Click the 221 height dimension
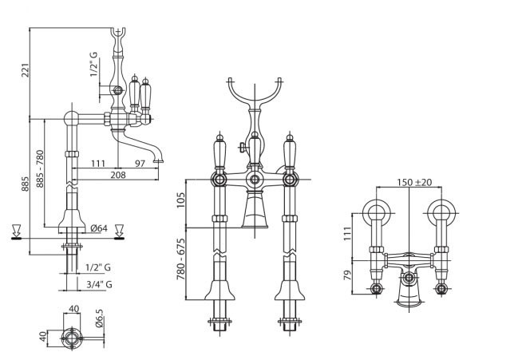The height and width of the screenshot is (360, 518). point(25,70)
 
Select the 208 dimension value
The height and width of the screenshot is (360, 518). point(118,175)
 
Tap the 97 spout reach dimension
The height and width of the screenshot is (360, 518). point(140,164)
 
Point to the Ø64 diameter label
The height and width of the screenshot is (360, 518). point(99,227)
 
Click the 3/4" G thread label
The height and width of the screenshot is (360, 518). point(99,284)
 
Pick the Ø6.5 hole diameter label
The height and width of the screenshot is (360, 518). point(100,318)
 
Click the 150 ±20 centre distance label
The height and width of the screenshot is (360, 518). point(414,182)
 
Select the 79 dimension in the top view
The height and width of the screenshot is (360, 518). point(347,275)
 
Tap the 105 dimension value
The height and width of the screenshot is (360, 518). point(180,200)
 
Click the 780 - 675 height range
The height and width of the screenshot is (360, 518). point(180,259)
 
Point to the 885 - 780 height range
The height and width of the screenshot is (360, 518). point(40,168)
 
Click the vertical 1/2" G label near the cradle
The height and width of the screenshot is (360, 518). point(94,65)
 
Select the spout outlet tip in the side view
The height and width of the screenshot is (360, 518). point(159,161)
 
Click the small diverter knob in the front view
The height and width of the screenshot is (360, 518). point(243,148)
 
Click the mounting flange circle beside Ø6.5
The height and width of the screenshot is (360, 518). point(72,338)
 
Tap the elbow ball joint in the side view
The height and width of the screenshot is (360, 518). point(71,118)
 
